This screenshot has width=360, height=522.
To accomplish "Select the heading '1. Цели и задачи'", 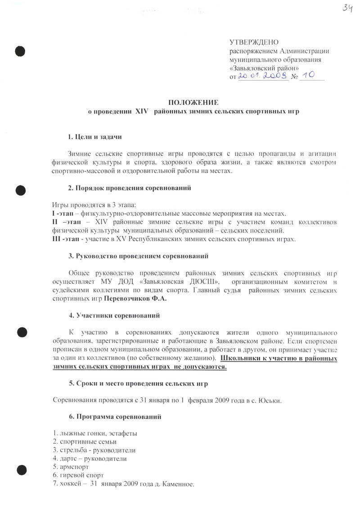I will click(95, 136).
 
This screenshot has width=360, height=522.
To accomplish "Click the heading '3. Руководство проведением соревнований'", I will click(138, 256).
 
